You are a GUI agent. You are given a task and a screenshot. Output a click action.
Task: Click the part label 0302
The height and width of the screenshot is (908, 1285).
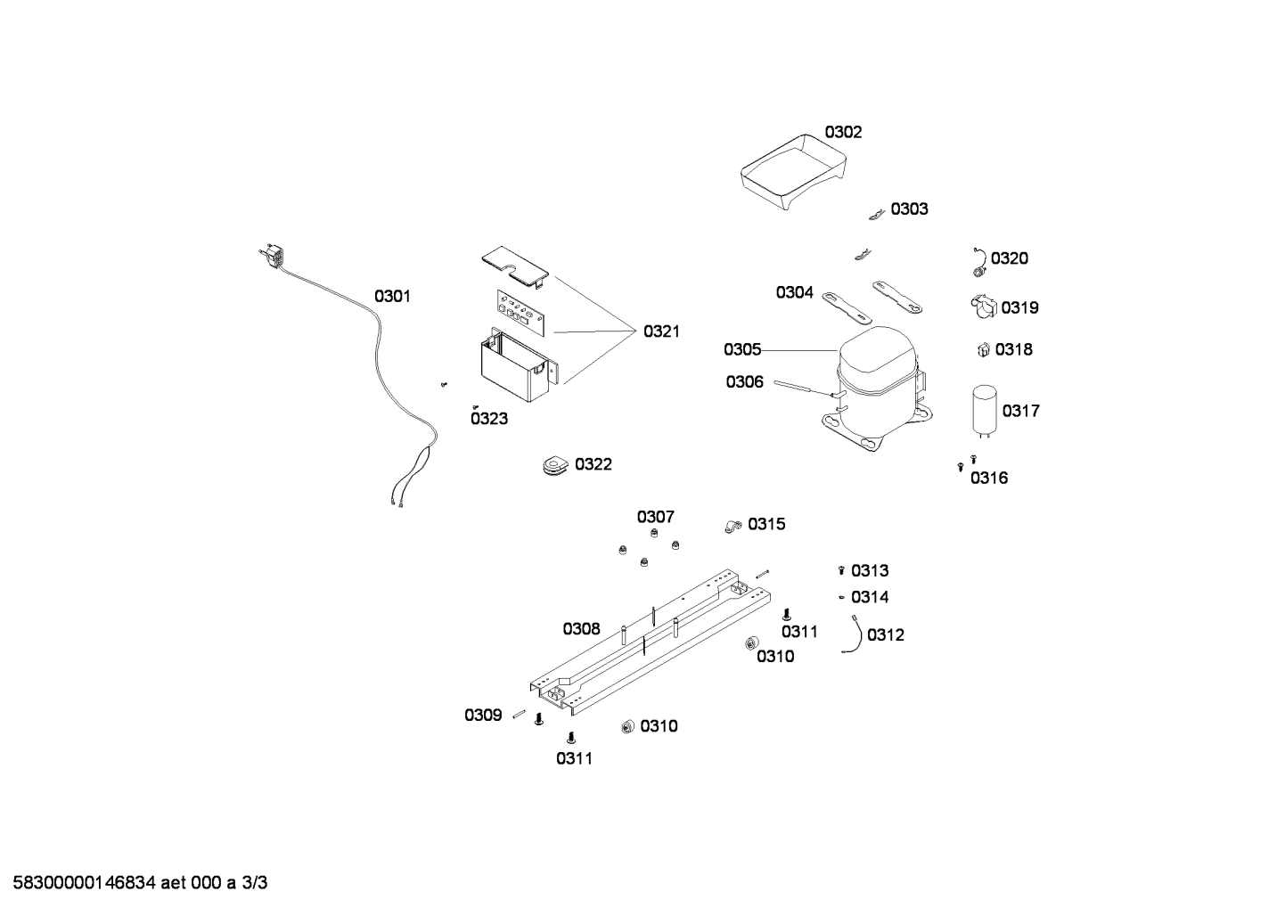tap(843, 133)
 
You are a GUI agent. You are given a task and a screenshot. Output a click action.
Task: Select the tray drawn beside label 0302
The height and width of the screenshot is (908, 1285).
tap(793, 172)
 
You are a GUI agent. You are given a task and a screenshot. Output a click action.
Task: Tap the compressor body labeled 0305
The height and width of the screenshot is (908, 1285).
tap(877, 389)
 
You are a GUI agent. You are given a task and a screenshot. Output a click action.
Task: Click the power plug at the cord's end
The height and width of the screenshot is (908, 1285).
tap(273, 256)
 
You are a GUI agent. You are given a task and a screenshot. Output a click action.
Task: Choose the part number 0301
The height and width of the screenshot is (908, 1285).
tap(392, 297)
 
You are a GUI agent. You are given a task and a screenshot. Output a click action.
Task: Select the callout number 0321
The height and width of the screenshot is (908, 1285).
tap(661, 331)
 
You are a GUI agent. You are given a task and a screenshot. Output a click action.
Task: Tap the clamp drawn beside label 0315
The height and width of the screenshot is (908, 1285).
tap(733, 526)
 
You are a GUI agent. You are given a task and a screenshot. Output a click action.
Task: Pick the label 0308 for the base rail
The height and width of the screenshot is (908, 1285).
tap(581, 629)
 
